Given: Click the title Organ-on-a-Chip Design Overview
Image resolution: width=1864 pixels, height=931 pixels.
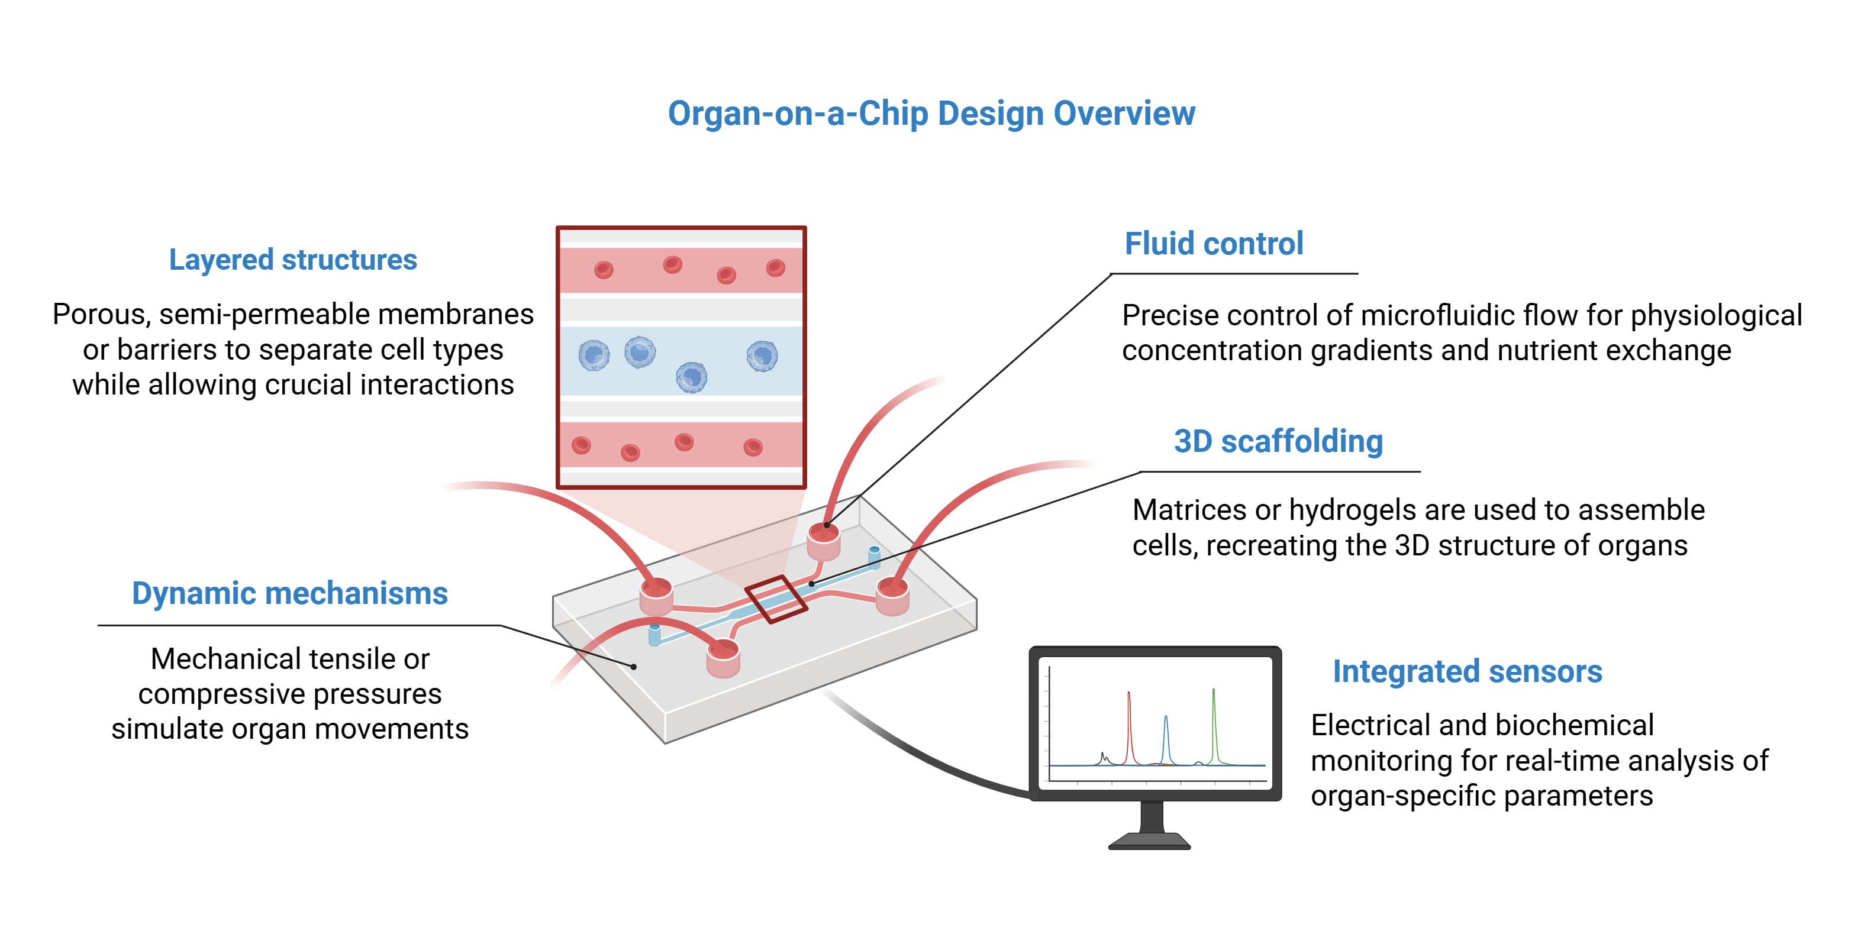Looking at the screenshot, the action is pyautogui.click(x=931, y=114).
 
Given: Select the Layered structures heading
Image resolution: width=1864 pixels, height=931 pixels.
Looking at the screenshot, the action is pyautogui.click(x=293, y=260).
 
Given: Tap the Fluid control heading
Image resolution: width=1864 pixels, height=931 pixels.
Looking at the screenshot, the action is pyautogui.click(x=1214, y=244).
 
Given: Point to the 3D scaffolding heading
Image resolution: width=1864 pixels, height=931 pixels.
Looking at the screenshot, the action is pyautogui.click(x=1278, y=441).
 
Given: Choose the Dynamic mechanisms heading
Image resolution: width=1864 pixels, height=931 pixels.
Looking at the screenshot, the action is pyautogui.click(x=289, y=594).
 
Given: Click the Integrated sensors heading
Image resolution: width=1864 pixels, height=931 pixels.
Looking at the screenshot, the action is pyautogui.click(x=1468, y=671).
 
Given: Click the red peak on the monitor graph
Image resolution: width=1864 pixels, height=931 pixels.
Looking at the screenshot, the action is pyautogui.click(x=1129, y=727).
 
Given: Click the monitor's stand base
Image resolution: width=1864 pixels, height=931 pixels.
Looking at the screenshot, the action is pyautogui.click(x=1149, y=841).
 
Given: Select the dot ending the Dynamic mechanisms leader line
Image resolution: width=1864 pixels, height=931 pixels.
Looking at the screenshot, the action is pyautogui.click(x=634, y=666).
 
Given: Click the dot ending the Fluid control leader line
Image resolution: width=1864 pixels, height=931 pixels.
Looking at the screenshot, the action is pyautogui.click(x=826, y=525).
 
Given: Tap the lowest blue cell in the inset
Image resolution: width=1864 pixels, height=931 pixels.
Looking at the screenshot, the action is pyautogui.click(x=691, y=377).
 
